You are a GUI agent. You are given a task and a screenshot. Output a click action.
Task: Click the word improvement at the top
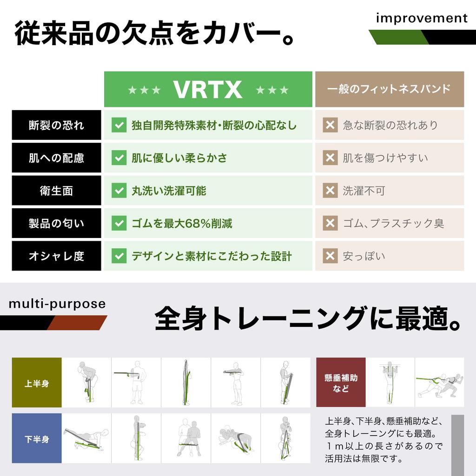point(422,19)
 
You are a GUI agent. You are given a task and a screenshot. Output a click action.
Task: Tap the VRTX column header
point(208,89)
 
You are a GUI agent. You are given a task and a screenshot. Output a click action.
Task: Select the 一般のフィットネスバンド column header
point(389,89)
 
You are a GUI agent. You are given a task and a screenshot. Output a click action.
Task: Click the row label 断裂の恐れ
point(56,125)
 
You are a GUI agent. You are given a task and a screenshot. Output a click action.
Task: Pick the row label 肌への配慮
point(56,158)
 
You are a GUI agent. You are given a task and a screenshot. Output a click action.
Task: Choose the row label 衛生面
point(56,191)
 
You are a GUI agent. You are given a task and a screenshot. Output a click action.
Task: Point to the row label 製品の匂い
point(56,224)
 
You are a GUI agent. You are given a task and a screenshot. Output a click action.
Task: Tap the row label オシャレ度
point(56,256)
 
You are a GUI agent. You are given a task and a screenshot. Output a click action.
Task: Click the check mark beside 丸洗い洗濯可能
point(119,191)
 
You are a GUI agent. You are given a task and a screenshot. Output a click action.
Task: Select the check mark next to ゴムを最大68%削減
point(119,224)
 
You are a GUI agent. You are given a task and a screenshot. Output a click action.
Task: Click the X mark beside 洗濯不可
point(330,191)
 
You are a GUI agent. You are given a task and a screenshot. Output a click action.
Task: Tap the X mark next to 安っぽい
point(330,256)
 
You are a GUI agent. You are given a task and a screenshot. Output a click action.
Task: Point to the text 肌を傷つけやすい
point(385,158)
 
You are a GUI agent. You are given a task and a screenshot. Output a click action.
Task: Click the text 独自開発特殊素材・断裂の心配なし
point(214,125)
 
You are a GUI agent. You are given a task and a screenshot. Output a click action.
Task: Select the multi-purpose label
point(57,304)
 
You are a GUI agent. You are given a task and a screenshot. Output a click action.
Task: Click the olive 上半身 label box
point(37,383)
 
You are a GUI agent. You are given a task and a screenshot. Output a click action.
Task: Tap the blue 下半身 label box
point(37,438)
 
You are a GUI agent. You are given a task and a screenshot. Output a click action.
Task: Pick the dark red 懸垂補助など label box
point(341,383)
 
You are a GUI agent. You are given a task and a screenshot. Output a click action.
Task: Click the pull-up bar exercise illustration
point(390,383)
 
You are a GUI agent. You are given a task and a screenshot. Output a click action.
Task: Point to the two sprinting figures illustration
point(439,383)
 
